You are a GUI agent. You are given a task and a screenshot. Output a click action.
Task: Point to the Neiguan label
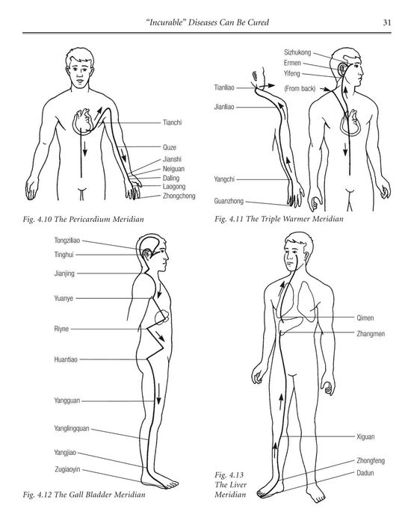point(174,169)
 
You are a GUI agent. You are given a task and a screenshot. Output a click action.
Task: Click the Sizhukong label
point(297,52)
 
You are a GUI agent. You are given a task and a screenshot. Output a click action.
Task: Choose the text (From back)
point(300,89)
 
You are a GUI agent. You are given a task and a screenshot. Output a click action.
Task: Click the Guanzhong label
point(229,202)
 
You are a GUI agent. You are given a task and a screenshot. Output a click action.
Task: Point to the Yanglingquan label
point(72,428)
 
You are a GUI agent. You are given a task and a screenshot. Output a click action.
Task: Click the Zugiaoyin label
point(68,469)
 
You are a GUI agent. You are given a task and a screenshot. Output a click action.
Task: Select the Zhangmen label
point(371,334)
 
